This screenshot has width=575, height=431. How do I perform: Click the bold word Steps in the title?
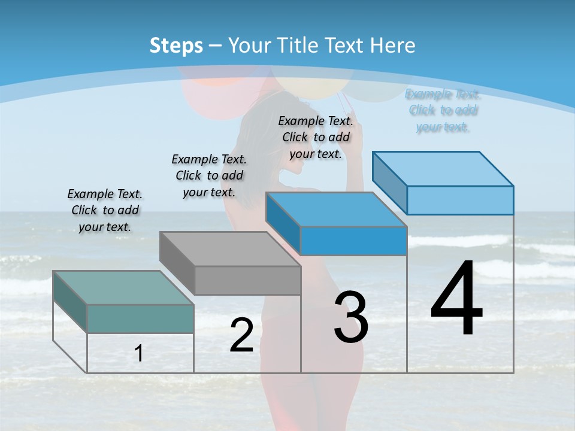[176, 45]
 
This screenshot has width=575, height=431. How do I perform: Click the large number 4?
[456, 299]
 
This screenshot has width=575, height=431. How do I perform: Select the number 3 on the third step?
[350, 317]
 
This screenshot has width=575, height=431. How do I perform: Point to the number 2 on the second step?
[241, 335]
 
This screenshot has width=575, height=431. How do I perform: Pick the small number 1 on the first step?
[139, 354]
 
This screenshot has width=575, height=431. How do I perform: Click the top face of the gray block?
[230, 249]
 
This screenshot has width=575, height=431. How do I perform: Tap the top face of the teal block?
[123, 288]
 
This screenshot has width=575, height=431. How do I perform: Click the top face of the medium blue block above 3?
[336, 210]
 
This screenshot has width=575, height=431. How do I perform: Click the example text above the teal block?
[105, 210]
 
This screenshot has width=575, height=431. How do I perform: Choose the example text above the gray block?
[209, 175]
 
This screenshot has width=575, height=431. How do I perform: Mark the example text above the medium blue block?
[316, 137]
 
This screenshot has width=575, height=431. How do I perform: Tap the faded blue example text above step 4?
[443, 110]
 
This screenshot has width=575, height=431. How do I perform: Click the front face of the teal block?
[140, 318]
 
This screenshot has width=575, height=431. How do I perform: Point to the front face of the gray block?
[247, 280]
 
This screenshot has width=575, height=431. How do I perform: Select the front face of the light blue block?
[460, 200]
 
